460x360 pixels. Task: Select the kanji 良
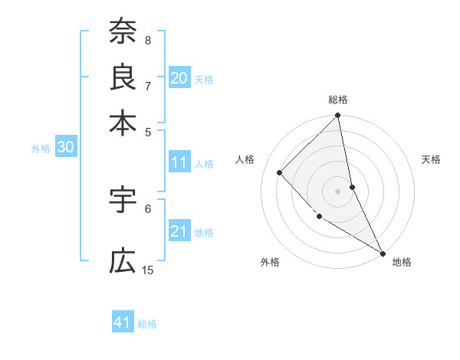pos(123,76)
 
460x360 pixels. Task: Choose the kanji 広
pos(123,261)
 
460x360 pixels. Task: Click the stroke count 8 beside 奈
pos(148,40)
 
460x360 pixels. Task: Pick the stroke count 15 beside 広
pos(148,270)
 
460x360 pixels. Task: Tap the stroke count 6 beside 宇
pos(148,208)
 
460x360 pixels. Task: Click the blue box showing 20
pos(179,77)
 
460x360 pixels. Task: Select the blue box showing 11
pos(179,162)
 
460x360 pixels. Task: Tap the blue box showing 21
pos(179,231)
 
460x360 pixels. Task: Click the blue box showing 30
pos(65,148)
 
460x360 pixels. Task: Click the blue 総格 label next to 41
pos(147,324)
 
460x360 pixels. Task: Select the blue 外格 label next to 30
pos(41,149)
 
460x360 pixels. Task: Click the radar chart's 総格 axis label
pos(338,100)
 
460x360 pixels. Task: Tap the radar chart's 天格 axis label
pos(431,159)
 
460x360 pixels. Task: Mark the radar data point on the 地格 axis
pos(383,253)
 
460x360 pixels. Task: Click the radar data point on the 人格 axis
pos(280,172)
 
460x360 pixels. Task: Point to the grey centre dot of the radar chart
pos(338,191)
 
